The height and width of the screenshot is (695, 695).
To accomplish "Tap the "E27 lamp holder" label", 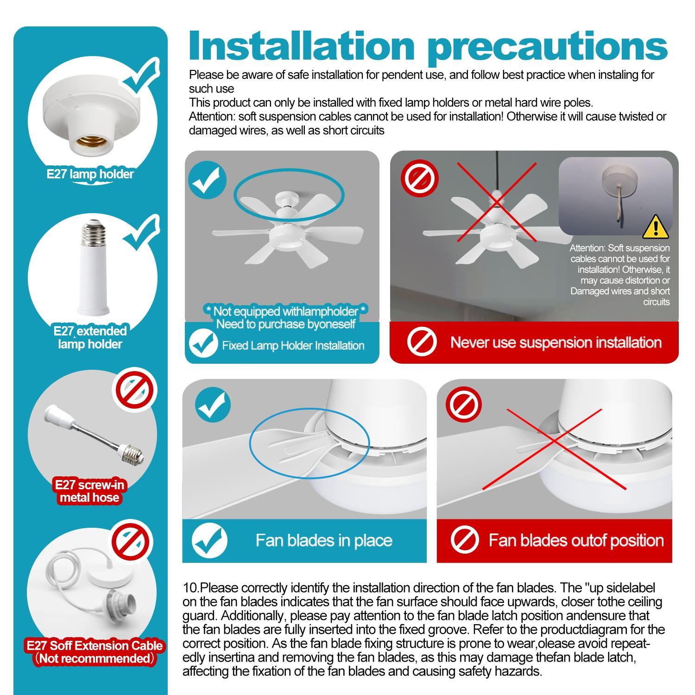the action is [x=90, y=174].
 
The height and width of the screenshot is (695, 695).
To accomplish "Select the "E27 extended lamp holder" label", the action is [x=90, y=337].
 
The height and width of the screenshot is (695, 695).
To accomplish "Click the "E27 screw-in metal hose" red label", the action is [x=90, y=491].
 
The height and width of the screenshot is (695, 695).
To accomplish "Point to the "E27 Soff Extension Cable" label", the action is [x=95, y=645].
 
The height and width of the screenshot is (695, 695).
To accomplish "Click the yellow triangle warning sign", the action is [x=656, y=227].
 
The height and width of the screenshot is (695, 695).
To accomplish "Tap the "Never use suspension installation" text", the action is [x=556, y=342].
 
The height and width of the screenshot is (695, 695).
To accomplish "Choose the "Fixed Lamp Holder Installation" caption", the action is [x=293, y=346].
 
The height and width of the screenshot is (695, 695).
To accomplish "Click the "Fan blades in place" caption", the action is [x=324, y=540].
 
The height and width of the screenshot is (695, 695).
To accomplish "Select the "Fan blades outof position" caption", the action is [x=576, y=540].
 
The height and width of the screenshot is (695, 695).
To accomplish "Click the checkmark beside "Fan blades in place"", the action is [x=209, y=540].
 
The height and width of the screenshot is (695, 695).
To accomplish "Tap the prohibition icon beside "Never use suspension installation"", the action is [x=422, y=342].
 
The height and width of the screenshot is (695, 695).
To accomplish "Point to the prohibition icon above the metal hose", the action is [x=135, y=388].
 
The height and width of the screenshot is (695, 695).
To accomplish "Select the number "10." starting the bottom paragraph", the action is [x=191, y=588].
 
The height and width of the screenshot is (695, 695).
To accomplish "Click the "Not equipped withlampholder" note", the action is [x=286, y=311].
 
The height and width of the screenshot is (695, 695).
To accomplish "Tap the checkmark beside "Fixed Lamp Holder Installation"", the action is [x=203, y=344].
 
